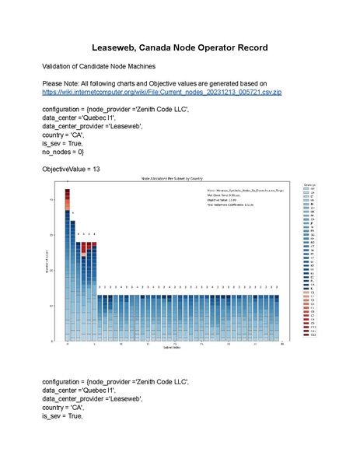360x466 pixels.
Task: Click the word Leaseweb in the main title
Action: pos(120,47)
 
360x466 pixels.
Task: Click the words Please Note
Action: pos(62,82)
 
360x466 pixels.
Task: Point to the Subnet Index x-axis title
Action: pos(174,347)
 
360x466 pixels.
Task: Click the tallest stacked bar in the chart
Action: pos(68,265)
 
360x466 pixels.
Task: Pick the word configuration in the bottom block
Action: pos(63,381)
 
